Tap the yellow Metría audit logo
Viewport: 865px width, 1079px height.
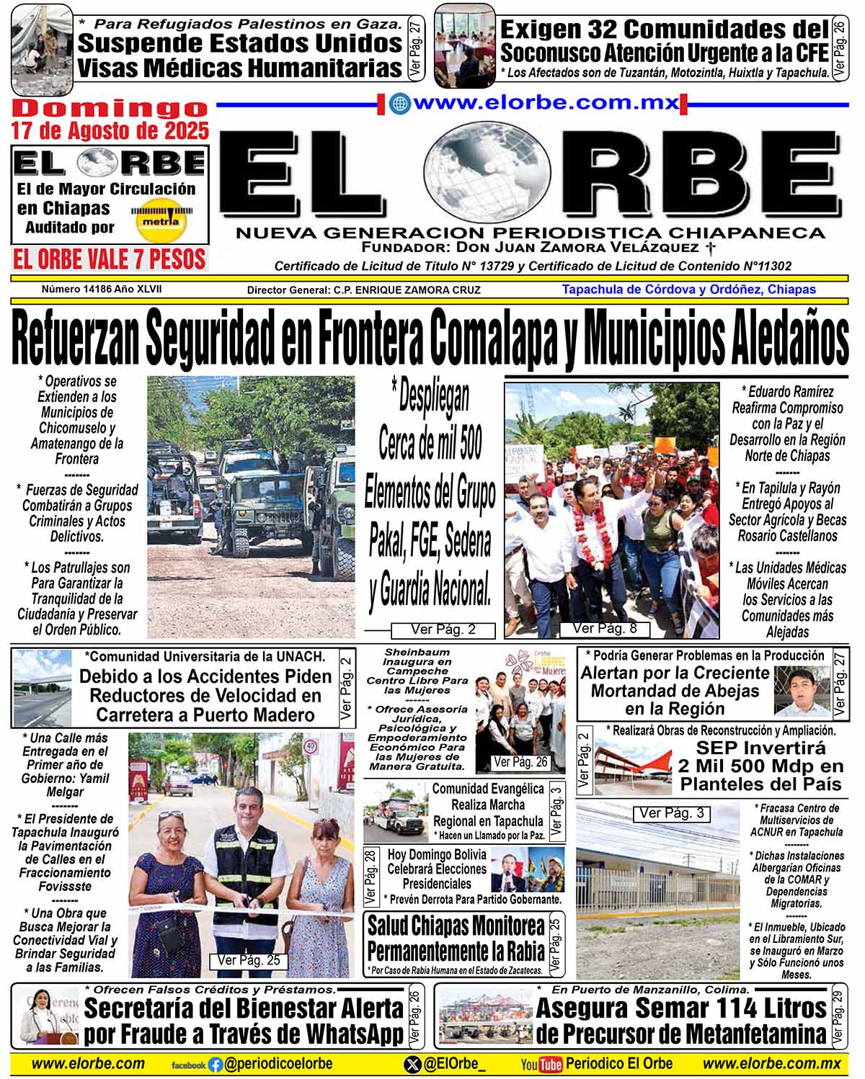tap(162, 220)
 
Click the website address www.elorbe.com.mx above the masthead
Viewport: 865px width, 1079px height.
tap(546, 103)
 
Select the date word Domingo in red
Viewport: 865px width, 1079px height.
tap(110, 108)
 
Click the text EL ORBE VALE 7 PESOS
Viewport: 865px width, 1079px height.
tap(110, 259)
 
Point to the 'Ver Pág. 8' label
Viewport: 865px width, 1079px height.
tap(605, 628)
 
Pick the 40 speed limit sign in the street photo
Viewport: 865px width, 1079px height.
tap(311, 747)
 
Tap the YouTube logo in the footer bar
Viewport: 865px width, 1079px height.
tap(541, 1064)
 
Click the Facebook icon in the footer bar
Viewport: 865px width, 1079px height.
tap(215, 1065)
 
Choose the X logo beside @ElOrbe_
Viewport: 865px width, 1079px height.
tap(412, 1064)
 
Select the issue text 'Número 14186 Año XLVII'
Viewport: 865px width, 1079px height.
tap(102, 289)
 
